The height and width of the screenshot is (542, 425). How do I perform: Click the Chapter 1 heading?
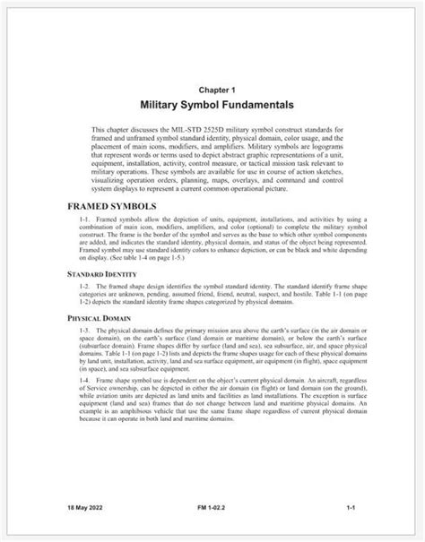212,90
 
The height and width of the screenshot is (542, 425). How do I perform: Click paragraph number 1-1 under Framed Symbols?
85,219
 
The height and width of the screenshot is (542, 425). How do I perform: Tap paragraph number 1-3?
85,331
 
